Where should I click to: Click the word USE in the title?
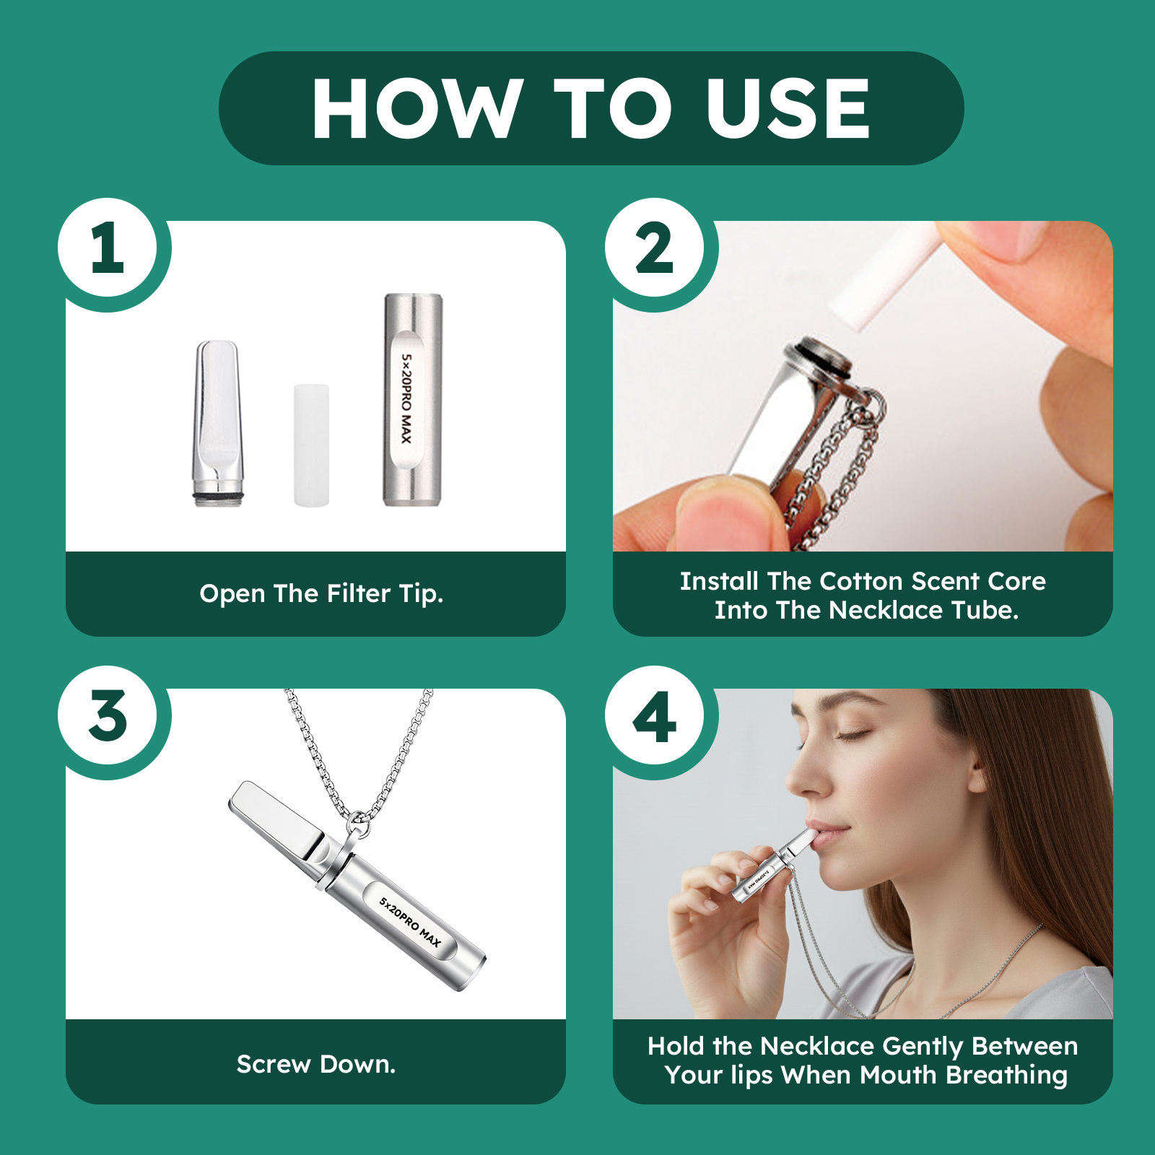point(788,108)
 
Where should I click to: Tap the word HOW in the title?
point(417,108)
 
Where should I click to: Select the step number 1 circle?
point(108,248)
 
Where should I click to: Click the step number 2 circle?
point(655,248)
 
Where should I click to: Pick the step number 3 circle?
point(108,715)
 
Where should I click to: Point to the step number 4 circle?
point(655,717)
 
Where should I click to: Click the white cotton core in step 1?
point(311,445)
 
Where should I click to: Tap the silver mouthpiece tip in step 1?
point(218,419)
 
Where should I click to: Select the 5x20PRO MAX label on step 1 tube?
point(406,399)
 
